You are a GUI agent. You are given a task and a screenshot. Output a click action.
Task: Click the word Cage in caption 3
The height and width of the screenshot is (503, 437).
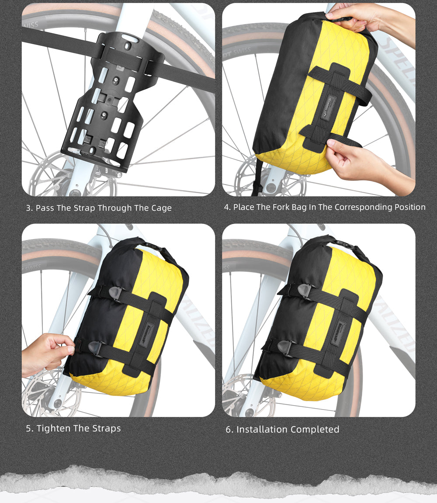(161, 208)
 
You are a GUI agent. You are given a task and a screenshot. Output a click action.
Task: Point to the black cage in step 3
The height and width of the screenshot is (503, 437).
(112, 100)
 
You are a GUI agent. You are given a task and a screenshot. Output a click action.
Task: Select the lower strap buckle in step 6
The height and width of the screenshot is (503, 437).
(284, 347)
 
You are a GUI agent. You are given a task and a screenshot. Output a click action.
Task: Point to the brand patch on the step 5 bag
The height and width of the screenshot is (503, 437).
(146, 335)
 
